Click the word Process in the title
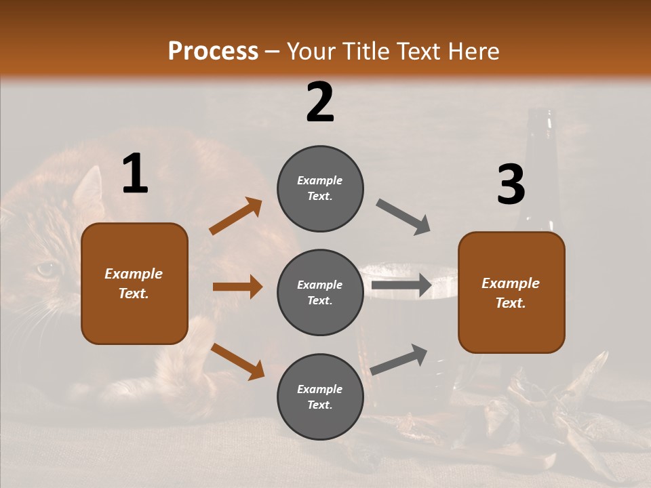pyautogui.click(x=213, y=52)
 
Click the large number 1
pyautogui.click(x=135, y=174)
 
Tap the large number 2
pyautogui.click(x=320, y=102)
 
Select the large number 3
pyautogui.click(x=511, y=185)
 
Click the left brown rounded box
pyautogui.click(x=134, y=283)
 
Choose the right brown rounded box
pyautogui.click(x=511, y=293)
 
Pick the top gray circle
pyautogui.click(x=320, y=188)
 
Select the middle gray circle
pyautogui.click(x=320, y=293)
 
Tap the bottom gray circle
pyautogui.click(x=320, y=397)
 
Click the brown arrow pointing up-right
pyautogui.click(x=235, y=216)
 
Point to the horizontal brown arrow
pyautogui.click(x=237, y=287)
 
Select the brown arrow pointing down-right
pyautogui.click(x=237, y=361)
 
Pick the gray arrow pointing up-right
pyautogui.click(x=399, y=360)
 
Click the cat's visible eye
pyautogui.click(x=46, y=269)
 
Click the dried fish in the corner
pyautogui.click(x=576, y=407)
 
